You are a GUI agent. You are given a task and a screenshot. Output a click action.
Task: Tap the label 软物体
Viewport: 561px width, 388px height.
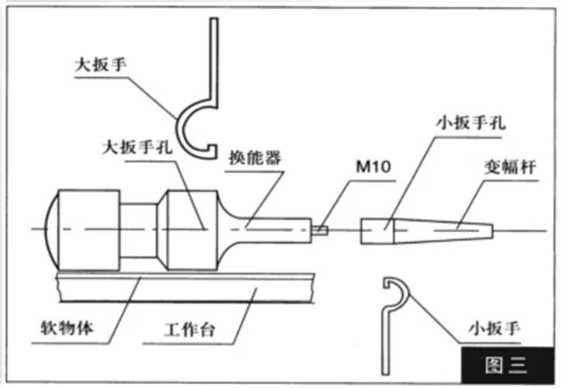point(70,327)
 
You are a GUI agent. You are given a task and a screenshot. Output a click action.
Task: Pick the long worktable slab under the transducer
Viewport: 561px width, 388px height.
point(186,288)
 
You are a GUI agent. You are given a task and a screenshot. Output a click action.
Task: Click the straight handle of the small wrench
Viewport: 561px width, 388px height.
point(385,334)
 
